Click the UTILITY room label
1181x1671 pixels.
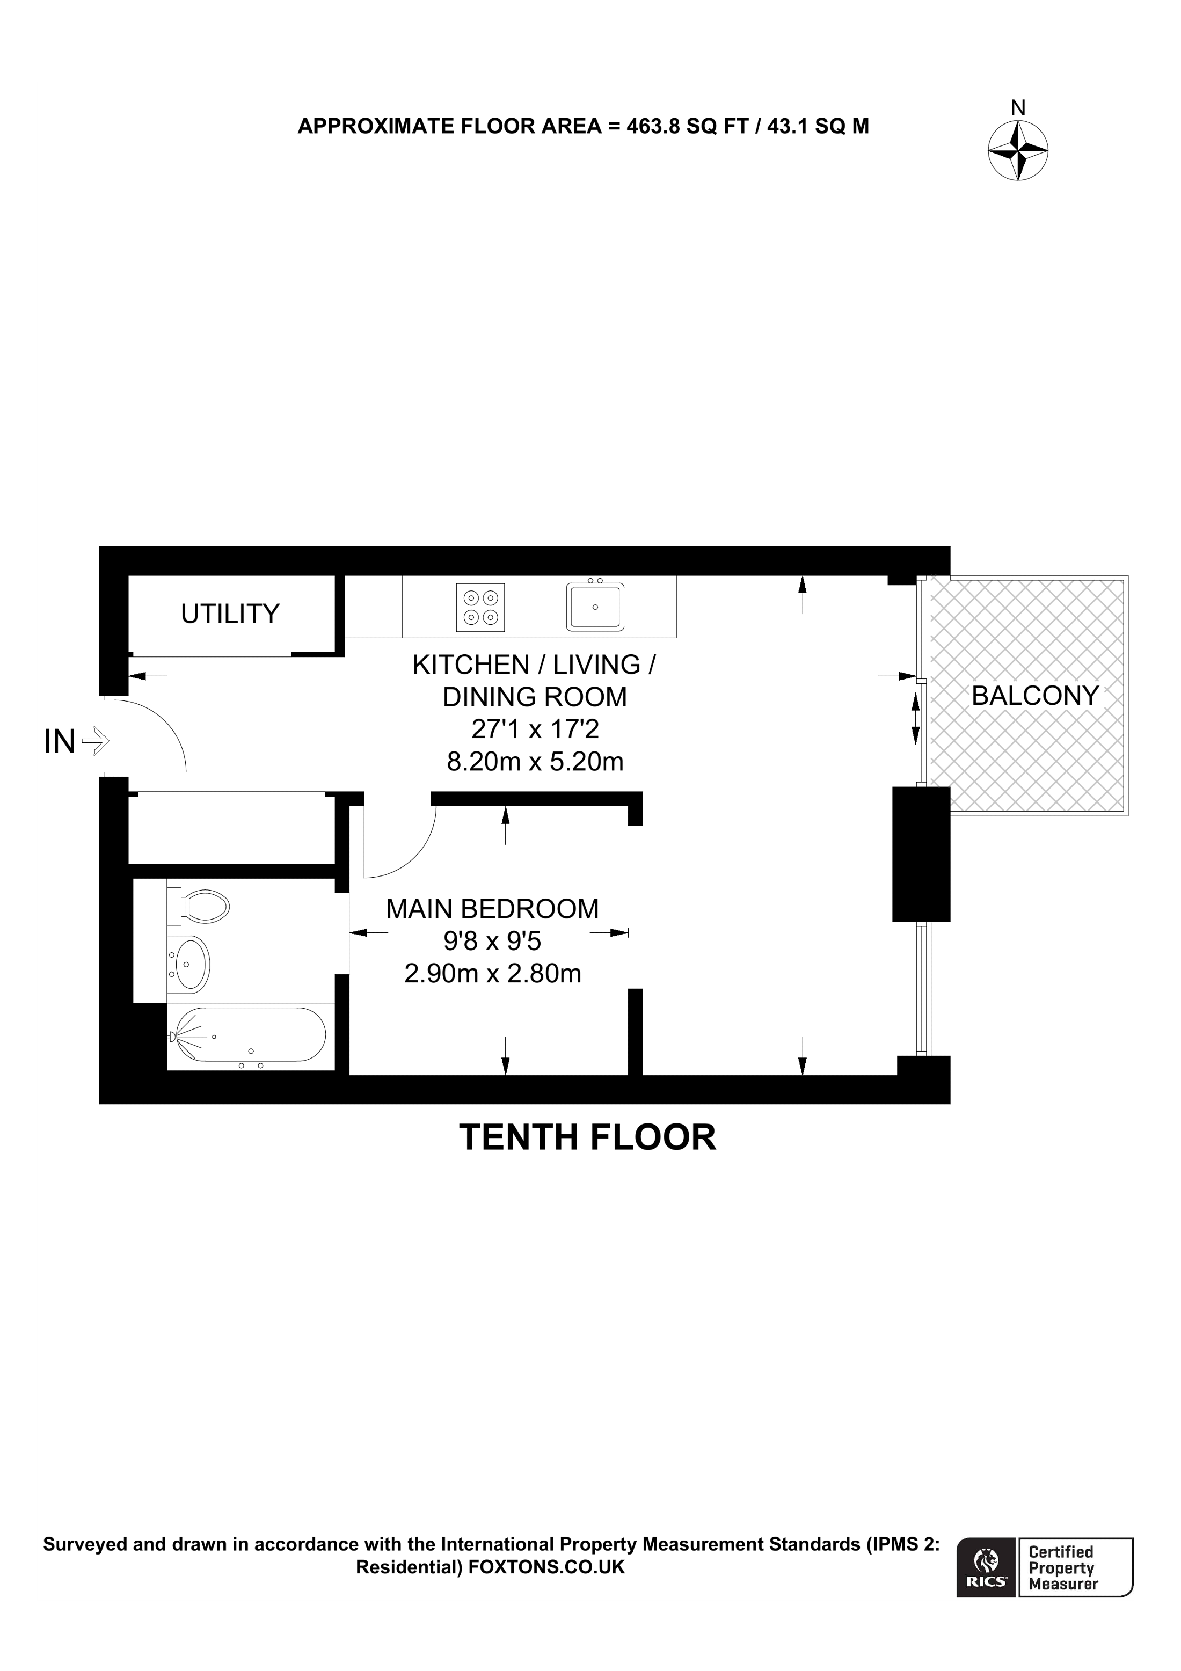230,614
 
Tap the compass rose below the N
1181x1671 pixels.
1017,151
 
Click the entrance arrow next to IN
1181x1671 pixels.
96,742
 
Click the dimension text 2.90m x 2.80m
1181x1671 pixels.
493,974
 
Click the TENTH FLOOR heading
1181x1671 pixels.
587,1137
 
